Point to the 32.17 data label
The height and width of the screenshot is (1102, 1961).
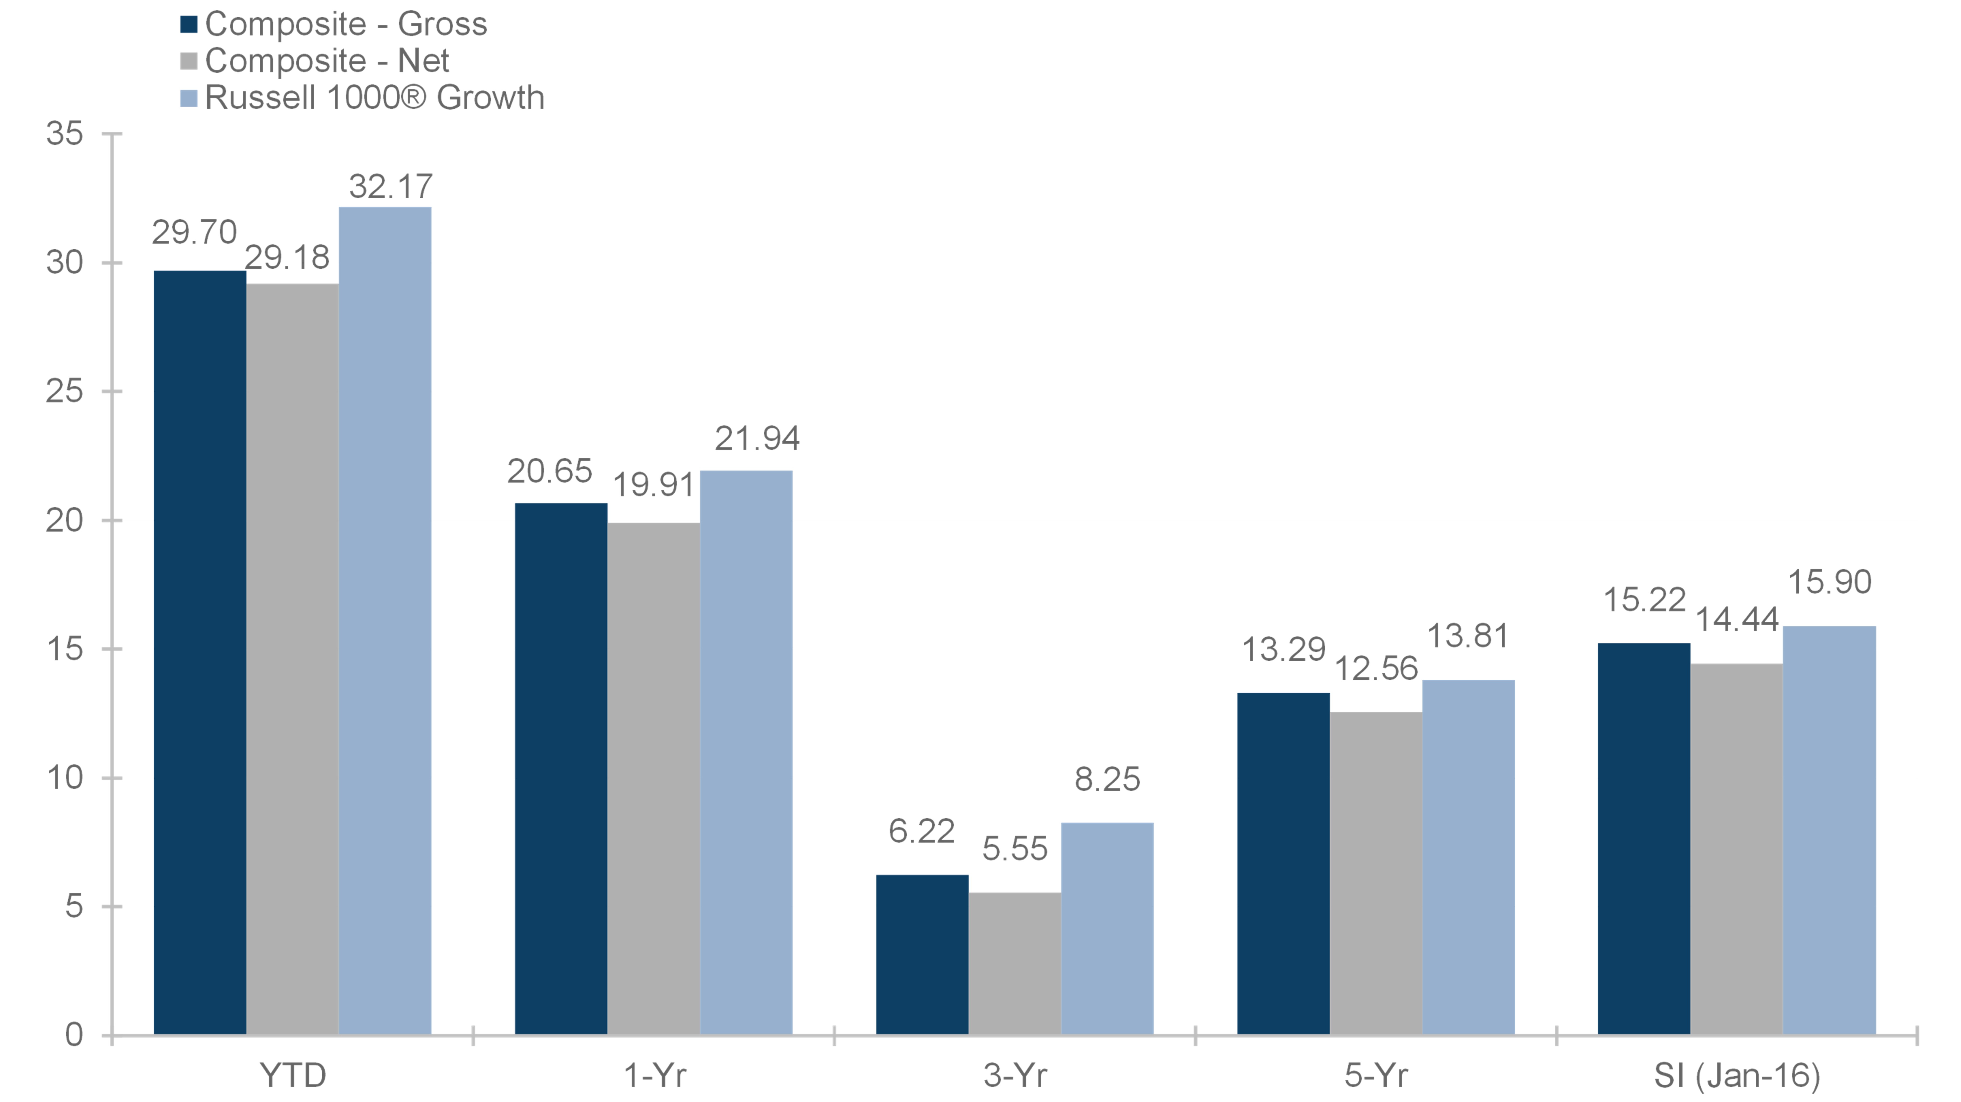tap(390, 187)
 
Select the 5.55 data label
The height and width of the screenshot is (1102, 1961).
tap(1015, 849)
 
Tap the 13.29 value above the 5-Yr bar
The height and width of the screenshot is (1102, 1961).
tap(1284, 649)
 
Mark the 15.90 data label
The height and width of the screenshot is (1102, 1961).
tap(1829, 582)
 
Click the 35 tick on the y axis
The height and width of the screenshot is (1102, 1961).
tap(65, 134)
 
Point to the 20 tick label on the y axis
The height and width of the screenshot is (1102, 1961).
tap(65, 521)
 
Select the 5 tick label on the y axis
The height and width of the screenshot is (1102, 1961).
tap(74, 906)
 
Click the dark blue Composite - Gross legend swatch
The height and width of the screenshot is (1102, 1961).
tap(189, 24)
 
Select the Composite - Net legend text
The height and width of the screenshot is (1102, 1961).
tap(327, 61)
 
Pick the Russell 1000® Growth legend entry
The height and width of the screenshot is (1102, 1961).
tap(362, 98)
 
